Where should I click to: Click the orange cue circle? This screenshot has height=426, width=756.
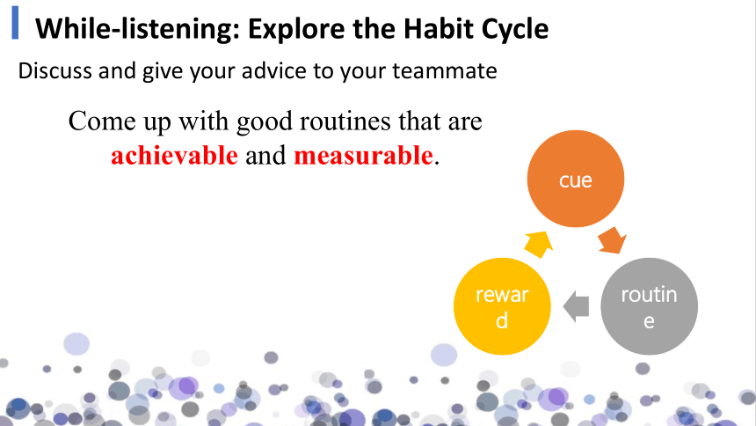click(576, 179)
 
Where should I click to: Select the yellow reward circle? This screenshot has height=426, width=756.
click(502, 306)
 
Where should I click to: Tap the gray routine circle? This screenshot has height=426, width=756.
click(649, 306)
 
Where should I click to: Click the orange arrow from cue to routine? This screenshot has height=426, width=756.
click(612, 240)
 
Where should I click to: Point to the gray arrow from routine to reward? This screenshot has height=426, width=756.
click(576, 306)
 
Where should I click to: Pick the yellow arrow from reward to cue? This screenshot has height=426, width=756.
click(539, 244)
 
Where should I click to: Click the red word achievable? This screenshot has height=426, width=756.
click(175, 156)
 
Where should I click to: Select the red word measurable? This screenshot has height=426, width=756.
click(364, 156)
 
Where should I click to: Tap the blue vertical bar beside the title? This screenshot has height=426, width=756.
click(16, 23)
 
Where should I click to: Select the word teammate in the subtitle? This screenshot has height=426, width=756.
click(445, 71)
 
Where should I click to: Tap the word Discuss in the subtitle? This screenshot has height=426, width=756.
click(55, 70)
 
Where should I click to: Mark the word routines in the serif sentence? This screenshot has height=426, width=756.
click(345, 121)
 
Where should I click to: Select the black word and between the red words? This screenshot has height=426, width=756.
click(265, 156)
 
